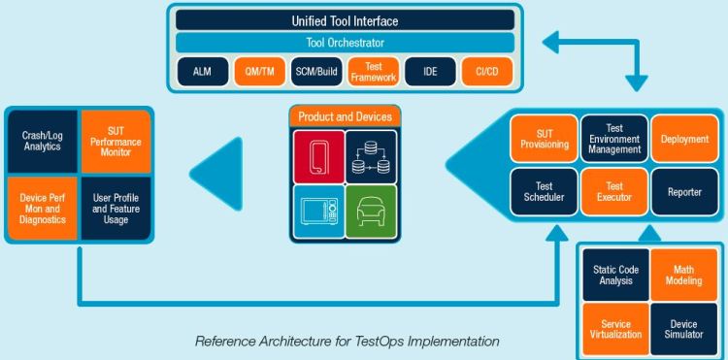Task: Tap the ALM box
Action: click(201, 72)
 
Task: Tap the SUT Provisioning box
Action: click(545, 139)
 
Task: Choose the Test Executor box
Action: click(613, 192)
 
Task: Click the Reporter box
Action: click(683, 192)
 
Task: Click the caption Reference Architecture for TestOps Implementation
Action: click(347, 341)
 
